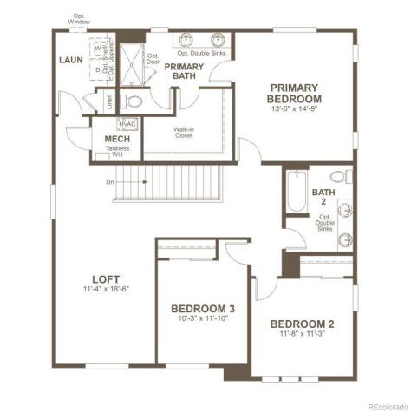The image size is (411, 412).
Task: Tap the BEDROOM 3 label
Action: [x=203, y=309]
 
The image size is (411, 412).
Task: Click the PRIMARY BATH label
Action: [x=184, y=71]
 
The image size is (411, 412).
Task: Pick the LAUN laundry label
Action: [x=69, y=60]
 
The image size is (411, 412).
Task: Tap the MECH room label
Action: [x=117, y=140]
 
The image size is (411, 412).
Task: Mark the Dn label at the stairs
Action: [x=109, y=182]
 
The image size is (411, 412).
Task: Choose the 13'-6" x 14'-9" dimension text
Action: [x=294, y=108]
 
